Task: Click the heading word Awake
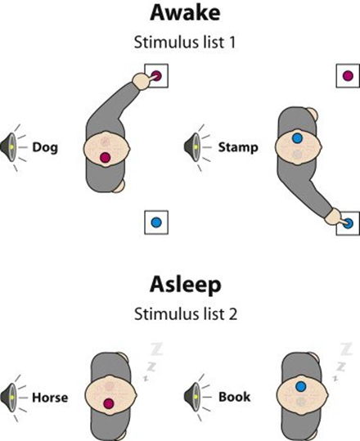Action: pyautogui.click(x=185, y=12)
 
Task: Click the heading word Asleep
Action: pyautogui.click(x=186, y=286)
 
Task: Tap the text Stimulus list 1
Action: pyautogui.click(x=185, y=43)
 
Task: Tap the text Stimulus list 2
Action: pyautogui.click(x=186, y=313)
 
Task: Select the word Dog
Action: pyautogui.click(x=45, y=147)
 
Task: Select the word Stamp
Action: pyautogui.click(x=238, y=147)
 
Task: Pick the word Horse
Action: pyautogui.click(x=50, y=398)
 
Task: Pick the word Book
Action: pyautogui.click(x=235, y=397)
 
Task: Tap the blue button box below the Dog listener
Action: pyautogui.click(x=156, y=223)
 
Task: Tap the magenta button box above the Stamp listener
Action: pyautogui.click(x=348, y=76)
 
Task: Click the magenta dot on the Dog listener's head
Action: pyautogui.click(x=106, y=157)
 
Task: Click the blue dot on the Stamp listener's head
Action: pyautogui.click(x=297, y=138)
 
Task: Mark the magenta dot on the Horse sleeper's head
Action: pyautogui.click(x=109, y=403)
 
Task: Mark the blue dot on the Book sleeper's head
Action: pyautogui.click(x=300, y=386)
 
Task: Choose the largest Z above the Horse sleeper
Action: pyautogui.click(x=156, y=349)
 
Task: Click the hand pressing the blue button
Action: pyautogui.click(x=335, y=217)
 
